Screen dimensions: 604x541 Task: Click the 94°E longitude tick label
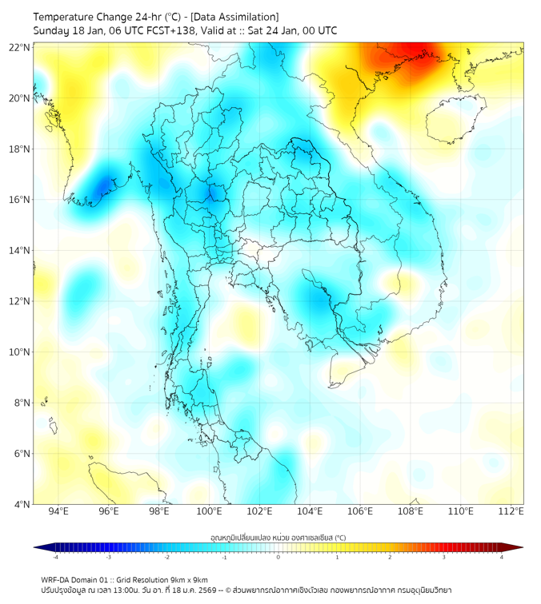(x=58, y=511)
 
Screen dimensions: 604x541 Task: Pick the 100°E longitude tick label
(x=209, y=511)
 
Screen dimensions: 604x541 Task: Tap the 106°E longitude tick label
(x=360, y=511)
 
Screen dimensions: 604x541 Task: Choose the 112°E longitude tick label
(x=511, y=511)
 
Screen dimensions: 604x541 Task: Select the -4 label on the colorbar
(x=54, y=557)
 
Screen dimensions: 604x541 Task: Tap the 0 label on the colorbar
(x=279, y=557)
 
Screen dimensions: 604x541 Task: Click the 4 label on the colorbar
(x=502, y=557)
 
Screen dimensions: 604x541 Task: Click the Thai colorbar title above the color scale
(x=278, y=538)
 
